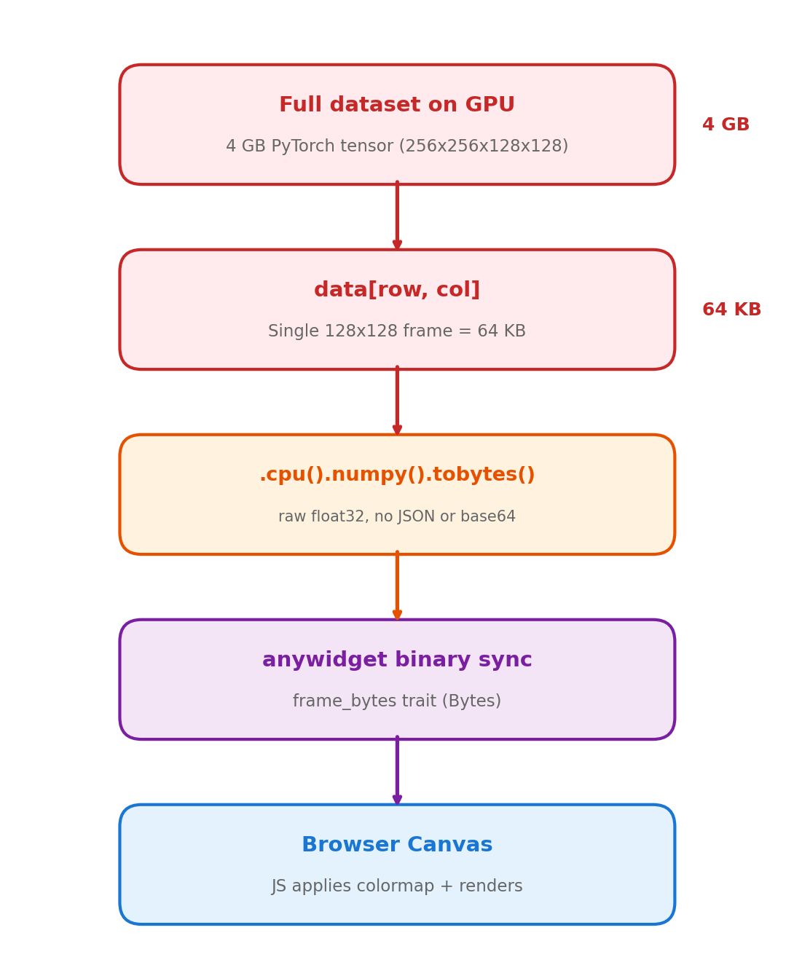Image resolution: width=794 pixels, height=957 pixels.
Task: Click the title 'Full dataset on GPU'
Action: coord(397,106)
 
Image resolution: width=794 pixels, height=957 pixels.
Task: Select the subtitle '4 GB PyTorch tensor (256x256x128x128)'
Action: coord(397,146)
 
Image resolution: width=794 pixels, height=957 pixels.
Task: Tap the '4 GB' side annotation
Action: coord(726,125)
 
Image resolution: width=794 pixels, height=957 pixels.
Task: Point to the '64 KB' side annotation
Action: coord(731,310)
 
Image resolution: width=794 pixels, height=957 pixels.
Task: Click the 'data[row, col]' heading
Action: coord(397,291)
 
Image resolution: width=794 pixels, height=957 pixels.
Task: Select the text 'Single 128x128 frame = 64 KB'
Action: coord(397,331)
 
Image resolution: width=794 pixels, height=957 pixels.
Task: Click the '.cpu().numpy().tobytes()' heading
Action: coord(397,476)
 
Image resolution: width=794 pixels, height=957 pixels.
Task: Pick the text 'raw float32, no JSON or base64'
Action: coord(397,516)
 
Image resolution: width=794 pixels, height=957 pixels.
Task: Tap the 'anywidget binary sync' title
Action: coord(397,661)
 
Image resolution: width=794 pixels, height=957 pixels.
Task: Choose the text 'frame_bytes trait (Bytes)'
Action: coord(397,701)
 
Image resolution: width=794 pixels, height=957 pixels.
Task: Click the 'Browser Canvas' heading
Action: coord(397,846)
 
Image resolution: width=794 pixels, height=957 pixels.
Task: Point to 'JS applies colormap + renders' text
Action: coord(397,886)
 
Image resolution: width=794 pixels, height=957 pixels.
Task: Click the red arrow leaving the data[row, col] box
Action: coord(397,401)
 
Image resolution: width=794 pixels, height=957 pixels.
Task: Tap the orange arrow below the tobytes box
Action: coord(397,586)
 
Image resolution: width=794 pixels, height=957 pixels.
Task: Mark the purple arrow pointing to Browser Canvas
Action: coord(397,771)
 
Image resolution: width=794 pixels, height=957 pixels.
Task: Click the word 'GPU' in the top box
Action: coord(490,106)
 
